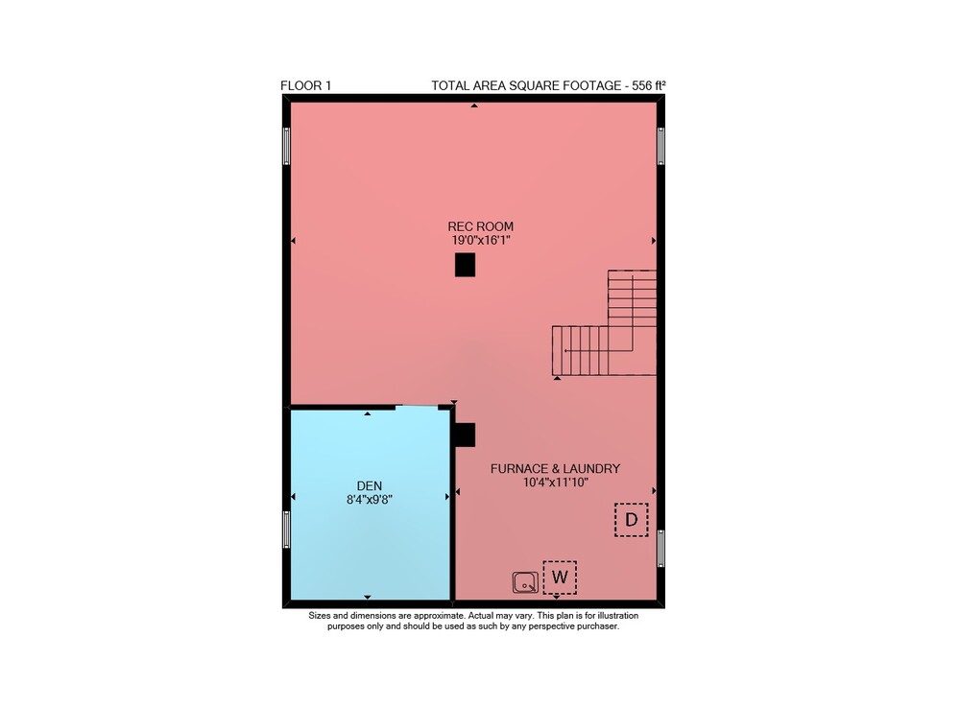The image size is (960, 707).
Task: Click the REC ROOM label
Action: tap(481, 226)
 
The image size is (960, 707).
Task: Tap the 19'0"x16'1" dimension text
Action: tap(481, 241)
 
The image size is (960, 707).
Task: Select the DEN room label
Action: tap(370, 485)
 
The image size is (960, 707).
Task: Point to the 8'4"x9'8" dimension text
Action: tap(370, 500)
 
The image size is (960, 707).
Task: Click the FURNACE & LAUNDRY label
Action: tap(555, 468)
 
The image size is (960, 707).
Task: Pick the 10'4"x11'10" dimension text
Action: tap(555, 483)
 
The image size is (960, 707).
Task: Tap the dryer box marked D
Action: tap(632, 520)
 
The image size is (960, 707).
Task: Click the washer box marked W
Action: tap(560, 577)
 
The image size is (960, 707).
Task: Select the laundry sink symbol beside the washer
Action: tap(525, 582)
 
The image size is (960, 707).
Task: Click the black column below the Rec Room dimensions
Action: tap(466, 266)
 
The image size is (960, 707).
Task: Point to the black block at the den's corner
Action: tap(465, 435)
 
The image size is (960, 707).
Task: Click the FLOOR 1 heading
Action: tap(305, 85)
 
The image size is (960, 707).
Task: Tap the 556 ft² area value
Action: tap(648, 85)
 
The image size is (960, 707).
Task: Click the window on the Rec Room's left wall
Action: tap(286, 146)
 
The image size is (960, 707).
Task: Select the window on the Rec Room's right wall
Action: tap(660, 146)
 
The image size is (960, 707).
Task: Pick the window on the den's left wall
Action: tap(286, 530)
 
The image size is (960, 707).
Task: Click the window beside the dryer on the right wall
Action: tap(660, 549)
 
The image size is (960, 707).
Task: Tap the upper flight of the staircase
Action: tap(632, 297)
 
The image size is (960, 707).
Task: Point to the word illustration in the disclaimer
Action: tap(617, 616)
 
